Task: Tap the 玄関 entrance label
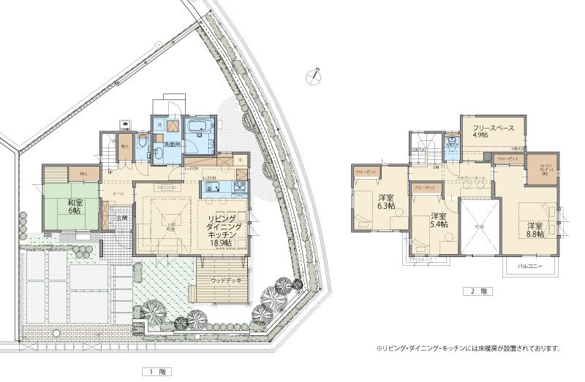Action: (x=121, y=218)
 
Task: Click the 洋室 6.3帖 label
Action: (x=386, y=202)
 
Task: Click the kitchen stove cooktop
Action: (x=240, y=188)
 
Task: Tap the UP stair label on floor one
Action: (x=110, y=172)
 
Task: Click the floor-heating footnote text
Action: (x=468, y=348)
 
